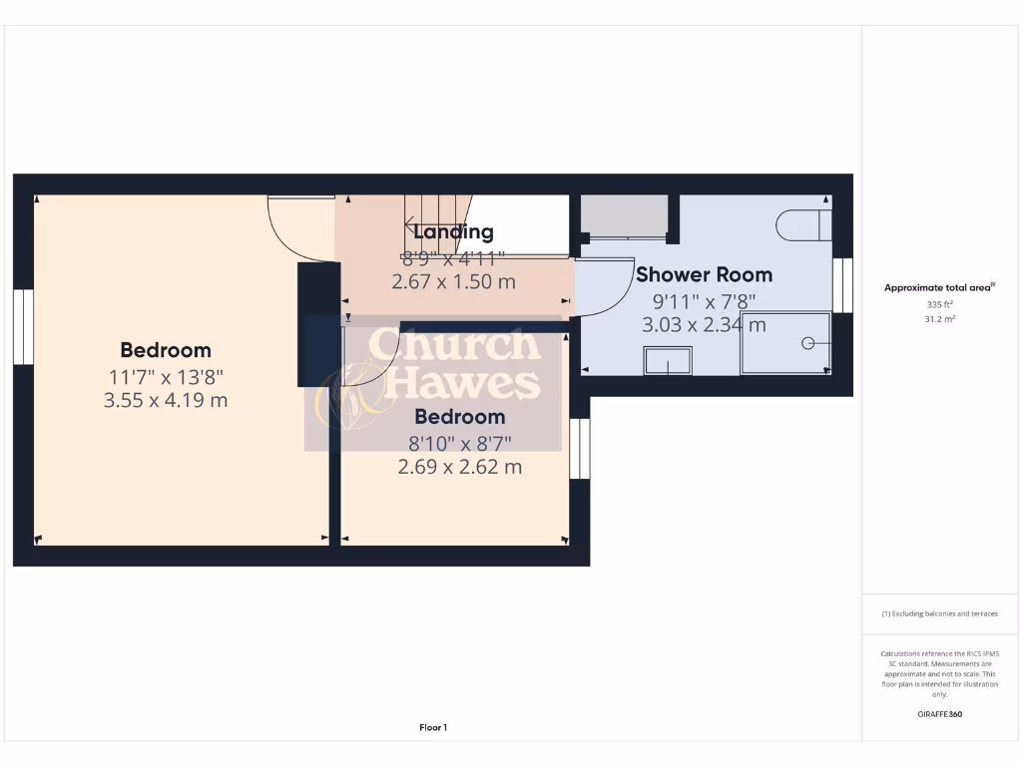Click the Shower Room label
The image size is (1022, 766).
[704, 274]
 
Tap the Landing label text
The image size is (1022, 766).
[453, 232]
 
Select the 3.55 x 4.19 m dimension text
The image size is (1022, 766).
[166, 400]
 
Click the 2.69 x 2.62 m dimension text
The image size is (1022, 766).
[459, 467]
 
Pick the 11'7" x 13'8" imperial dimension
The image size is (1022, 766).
[166, 376]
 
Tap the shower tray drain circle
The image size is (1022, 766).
[807, 343]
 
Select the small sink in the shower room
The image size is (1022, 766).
[668, 360]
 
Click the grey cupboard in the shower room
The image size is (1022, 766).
[625, 216]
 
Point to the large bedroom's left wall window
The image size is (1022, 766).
[23, 326]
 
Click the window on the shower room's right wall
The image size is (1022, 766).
[843, 284]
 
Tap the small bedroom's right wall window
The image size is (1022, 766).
[580, 449]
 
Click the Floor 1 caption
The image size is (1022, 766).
[432, 728]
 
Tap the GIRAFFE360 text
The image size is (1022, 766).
[939, 714]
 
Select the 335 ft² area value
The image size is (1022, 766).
[939, 304]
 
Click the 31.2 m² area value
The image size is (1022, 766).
[939, 319]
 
